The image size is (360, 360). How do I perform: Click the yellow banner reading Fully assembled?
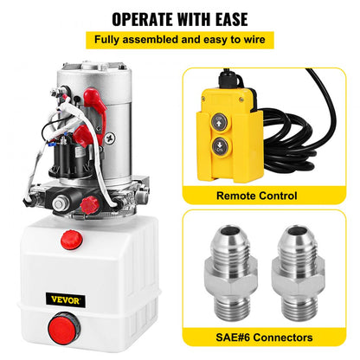[179, 40]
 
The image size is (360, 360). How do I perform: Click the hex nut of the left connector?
[229, 280]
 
